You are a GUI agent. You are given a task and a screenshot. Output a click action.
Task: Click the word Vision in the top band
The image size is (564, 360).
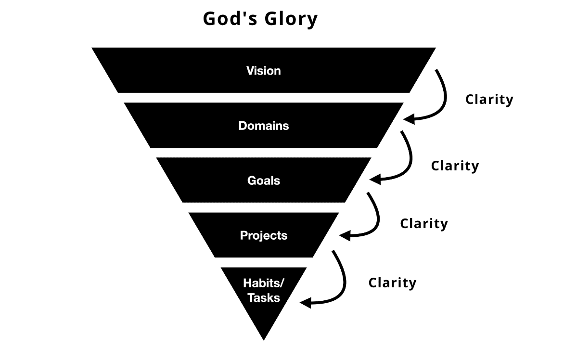coord(263,71)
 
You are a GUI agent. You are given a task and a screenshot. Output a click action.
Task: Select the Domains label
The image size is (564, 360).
coord(264,126)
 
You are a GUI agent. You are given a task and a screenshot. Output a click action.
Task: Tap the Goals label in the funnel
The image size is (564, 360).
coord(264,180)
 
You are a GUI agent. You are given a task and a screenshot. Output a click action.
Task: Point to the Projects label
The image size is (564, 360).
coord(264,235)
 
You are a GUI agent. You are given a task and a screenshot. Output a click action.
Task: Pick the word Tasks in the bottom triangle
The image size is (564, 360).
coord(264,298)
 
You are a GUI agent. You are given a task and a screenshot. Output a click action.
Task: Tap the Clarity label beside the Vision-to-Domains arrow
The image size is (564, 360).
coord(489,100)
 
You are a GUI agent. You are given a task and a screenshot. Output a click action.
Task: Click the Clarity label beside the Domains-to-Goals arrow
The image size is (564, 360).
coord(455,166)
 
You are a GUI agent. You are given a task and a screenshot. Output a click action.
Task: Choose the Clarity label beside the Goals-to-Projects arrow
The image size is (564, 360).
coord(424,224)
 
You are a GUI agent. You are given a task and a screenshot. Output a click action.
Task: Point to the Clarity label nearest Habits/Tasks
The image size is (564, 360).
coord(392,283)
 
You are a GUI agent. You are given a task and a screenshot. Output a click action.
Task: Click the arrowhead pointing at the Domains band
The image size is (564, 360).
coord(408,119)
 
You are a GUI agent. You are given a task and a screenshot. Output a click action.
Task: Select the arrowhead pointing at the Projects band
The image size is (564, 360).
coord(344,236)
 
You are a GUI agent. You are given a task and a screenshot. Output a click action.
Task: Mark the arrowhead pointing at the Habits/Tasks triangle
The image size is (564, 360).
coord(304,303)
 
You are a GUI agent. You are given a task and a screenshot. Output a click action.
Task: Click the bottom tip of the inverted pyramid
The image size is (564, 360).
coord(264,339)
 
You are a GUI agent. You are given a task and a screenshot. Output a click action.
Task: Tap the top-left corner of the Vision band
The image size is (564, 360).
coord(93,48)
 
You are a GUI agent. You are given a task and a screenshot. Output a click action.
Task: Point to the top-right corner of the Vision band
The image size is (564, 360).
coord(435,48)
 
